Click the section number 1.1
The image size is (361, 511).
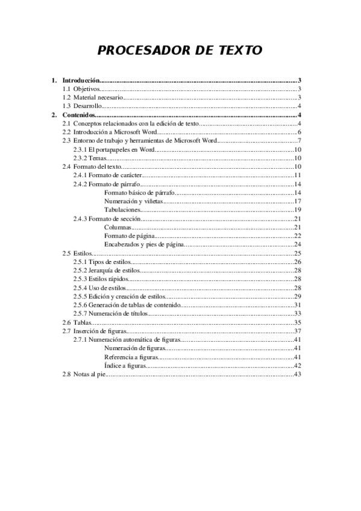point(67,89)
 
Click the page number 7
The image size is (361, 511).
point(299,140)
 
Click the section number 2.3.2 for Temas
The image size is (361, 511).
point(80,157)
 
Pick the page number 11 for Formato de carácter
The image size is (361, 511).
point(297,175)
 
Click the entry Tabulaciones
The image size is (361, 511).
point(122,209)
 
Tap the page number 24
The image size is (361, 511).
point(297,244)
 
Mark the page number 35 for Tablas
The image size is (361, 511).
point(297,323)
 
